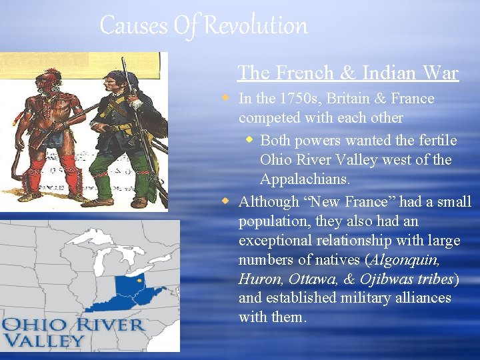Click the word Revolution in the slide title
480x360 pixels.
(x=256, y=26)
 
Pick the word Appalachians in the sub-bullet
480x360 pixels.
(x=303, y=180)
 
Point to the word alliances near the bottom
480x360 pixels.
(x=421, y=297)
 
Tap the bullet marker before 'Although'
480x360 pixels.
(x=227, y=201)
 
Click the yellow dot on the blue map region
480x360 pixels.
(x=139, y=281)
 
